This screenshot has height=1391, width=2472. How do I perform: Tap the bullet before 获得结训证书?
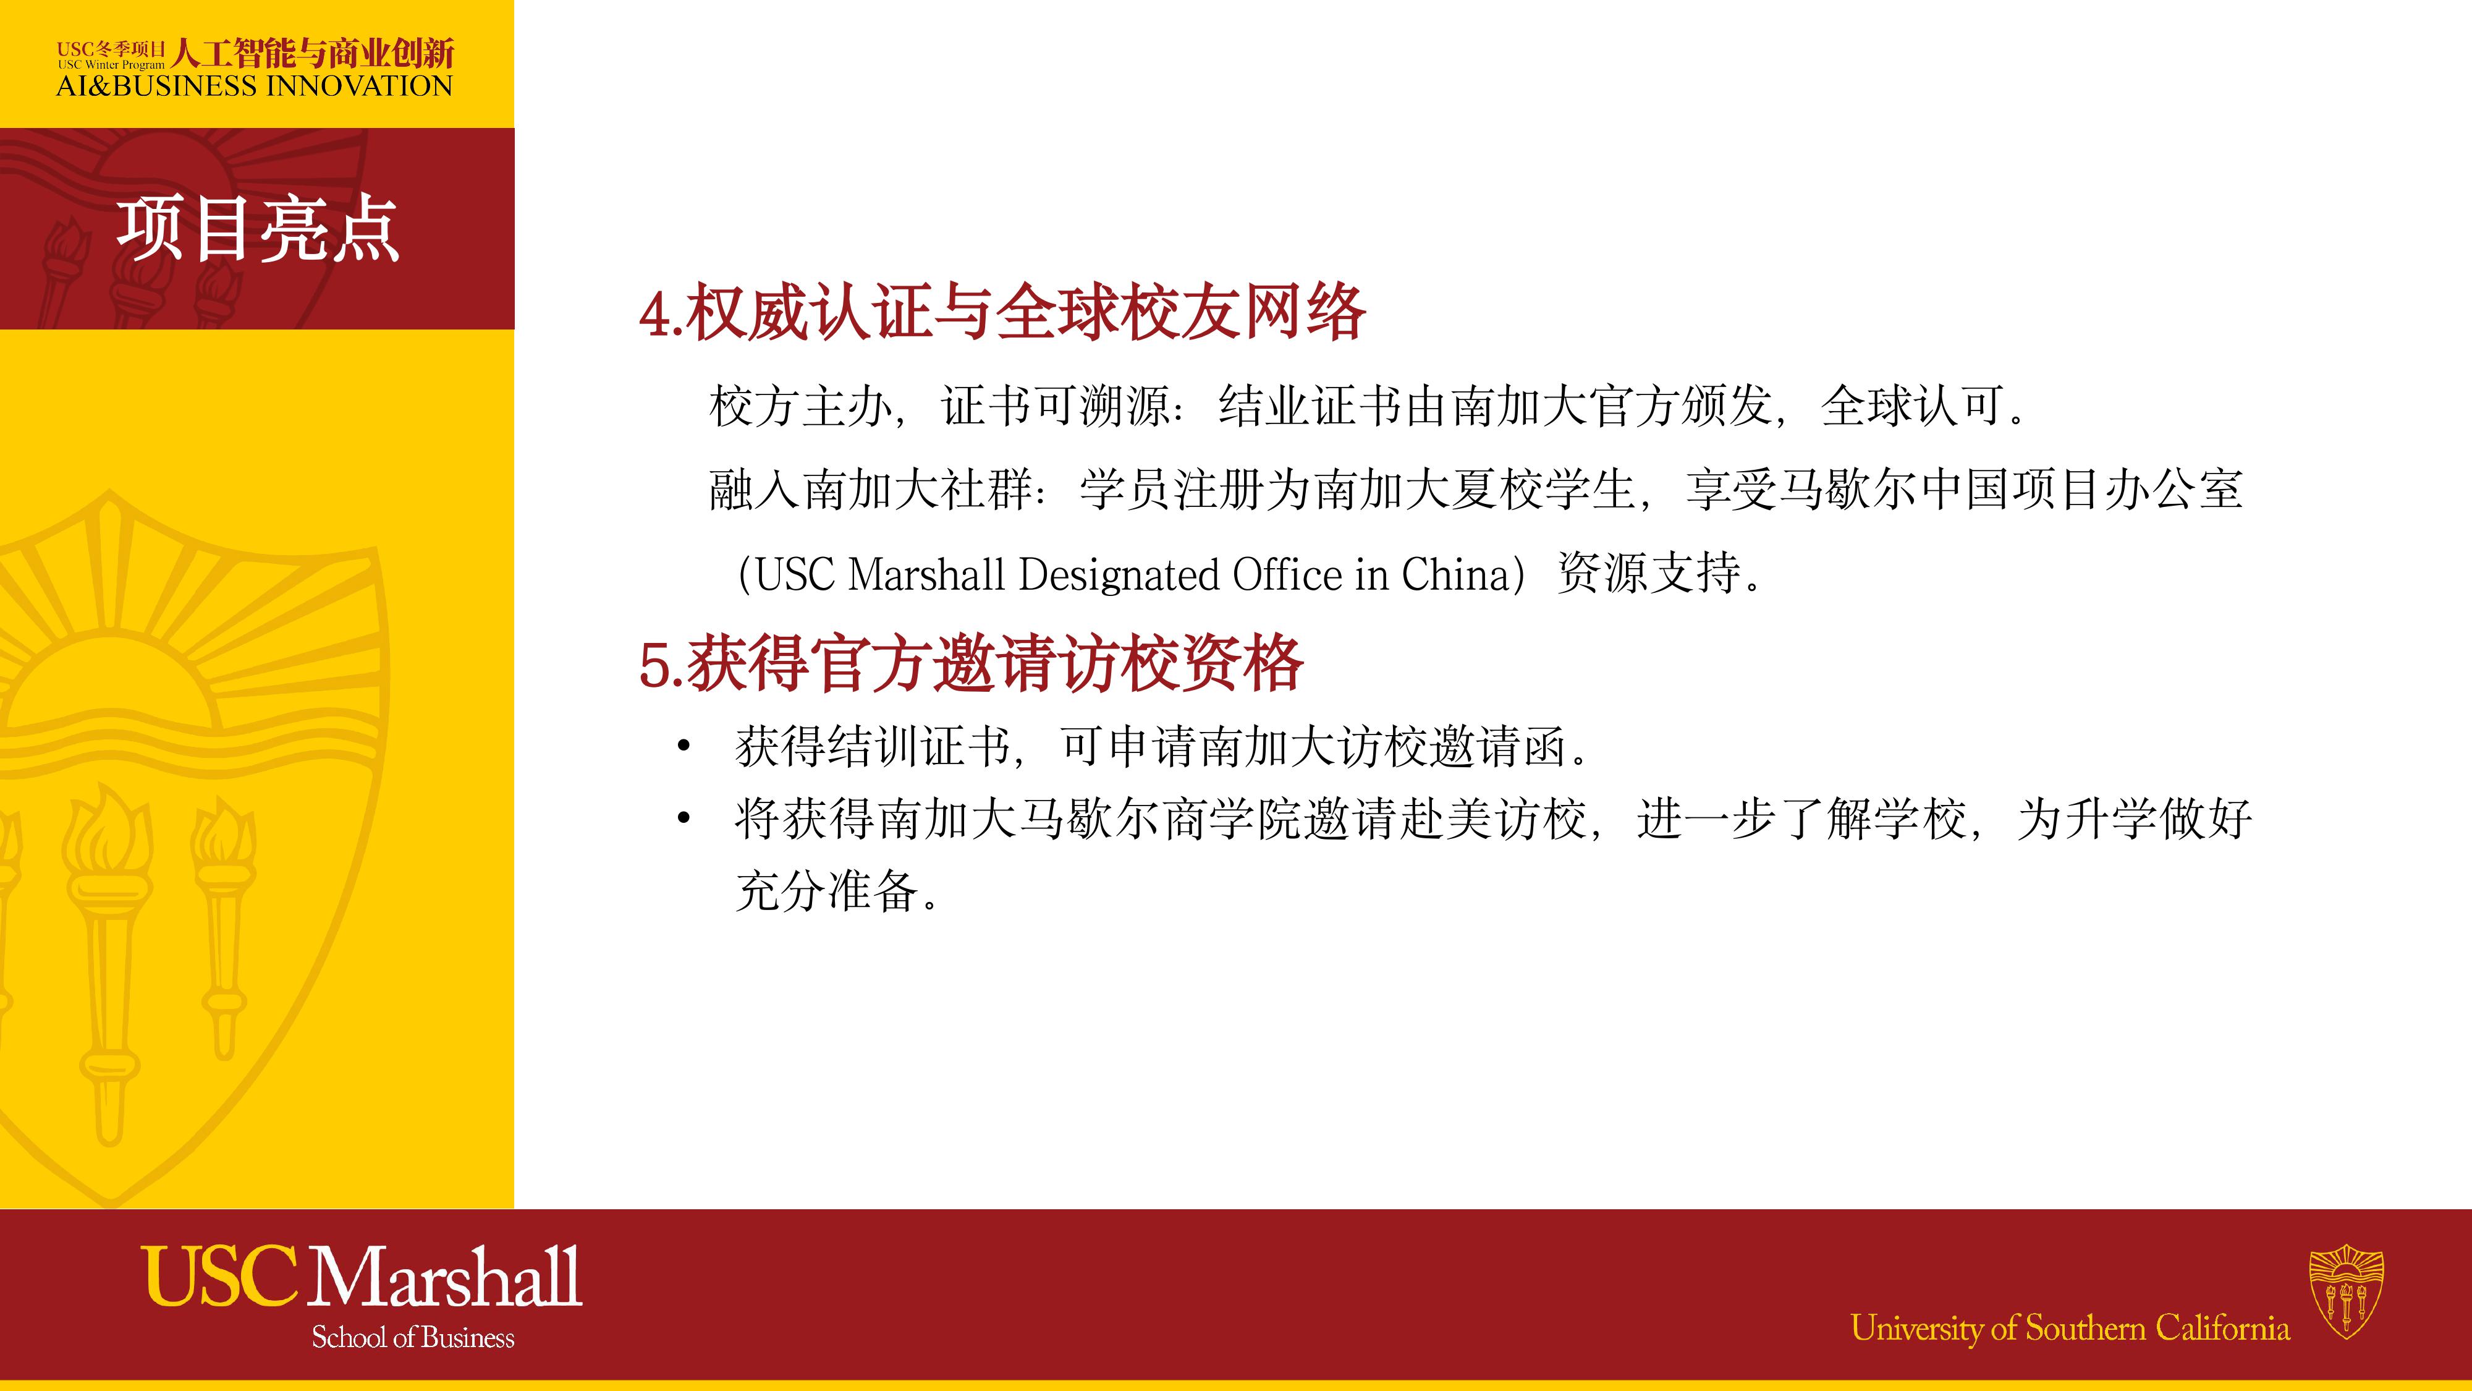pyautogui.click(x=684, y=747)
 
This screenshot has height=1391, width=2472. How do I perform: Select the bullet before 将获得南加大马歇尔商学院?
pyautogui.click(x=684, y=819)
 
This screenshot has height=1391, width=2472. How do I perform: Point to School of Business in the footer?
pyautogui.click(x=413, y=1337)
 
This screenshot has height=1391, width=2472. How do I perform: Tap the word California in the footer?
pyautogui.click(x=2222, y=1328)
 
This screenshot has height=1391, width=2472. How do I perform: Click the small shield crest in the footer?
pyautogui.click(x=2347, y=1291)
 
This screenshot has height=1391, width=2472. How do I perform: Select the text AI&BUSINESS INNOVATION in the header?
pyautogui.click(x=254, y=87)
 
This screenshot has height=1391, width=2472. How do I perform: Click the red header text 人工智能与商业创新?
pyautogui.click(x=313, y=53)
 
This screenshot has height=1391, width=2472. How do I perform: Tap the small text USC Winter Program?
pyautogui.click(x=111, y=66)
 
